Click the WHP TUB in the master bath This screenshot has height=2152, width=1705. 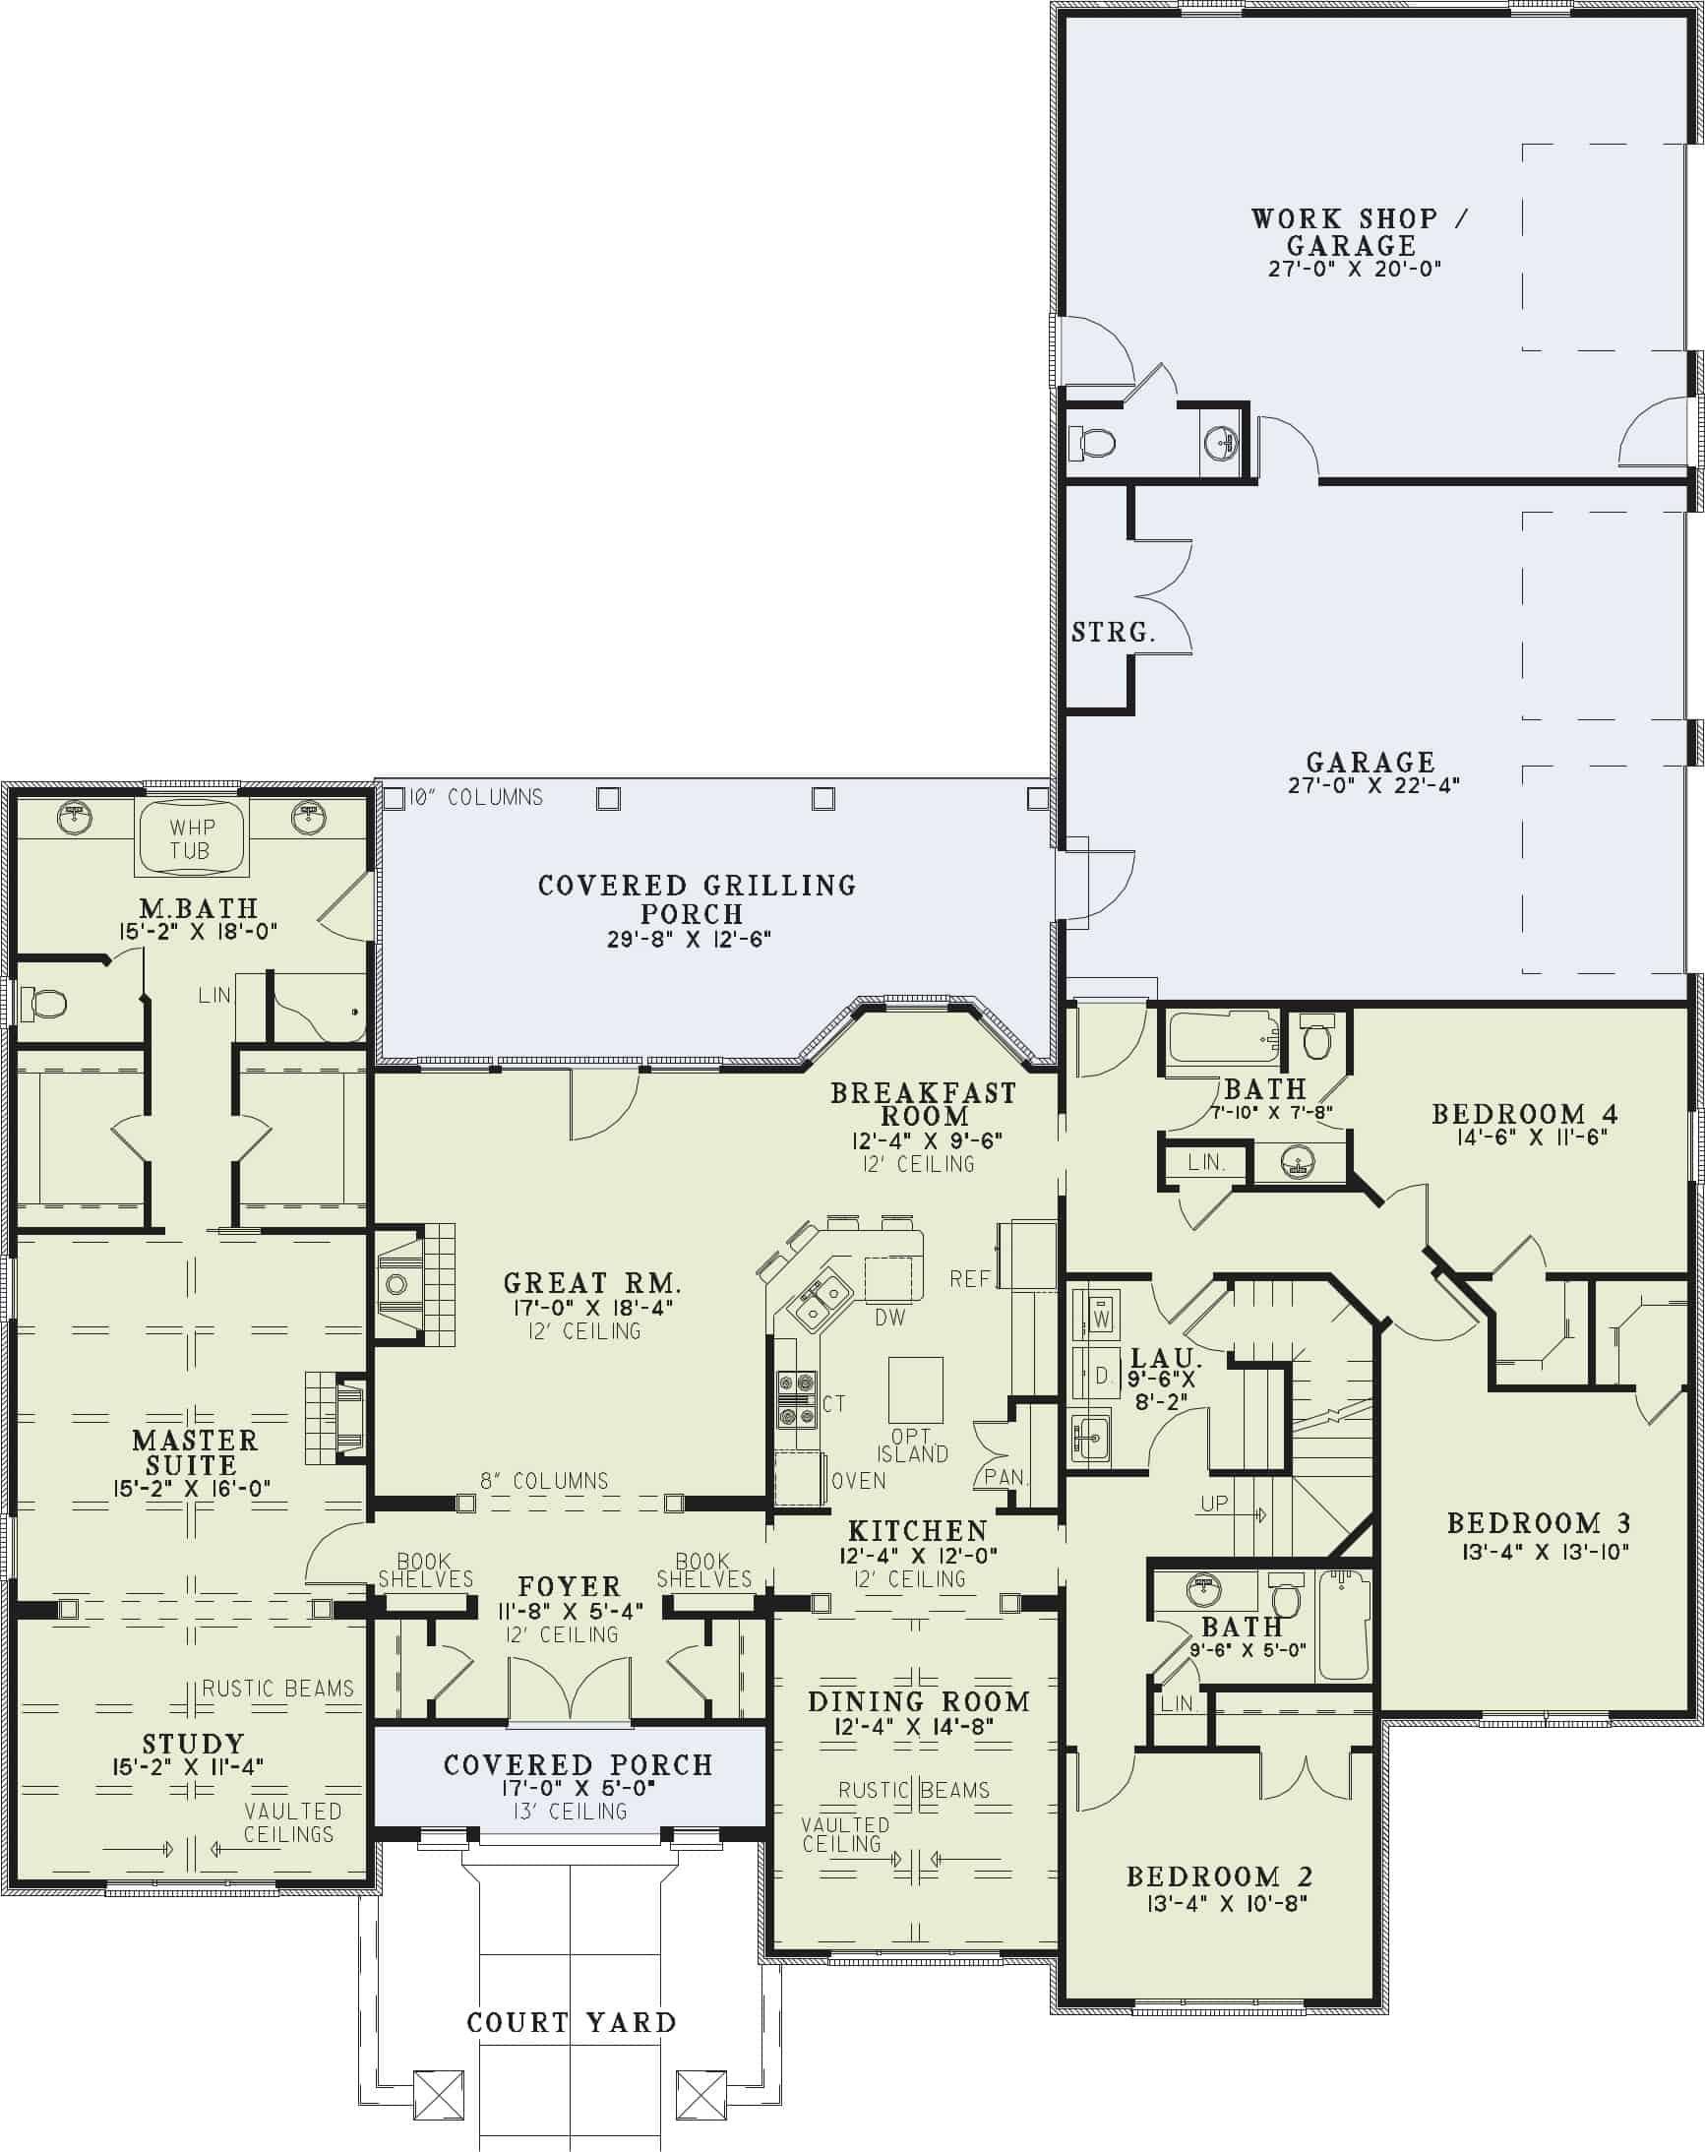click(192, 838)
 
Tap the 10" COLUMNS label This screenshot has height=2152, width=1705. click(476, 797)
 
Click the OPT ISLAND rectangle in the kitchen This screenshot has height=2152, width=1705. click(915, 1389)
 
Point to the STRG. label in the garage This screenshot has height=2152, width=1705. click(1113, 632)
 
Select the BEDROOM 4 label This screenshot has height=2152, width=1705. click(1524, 1114)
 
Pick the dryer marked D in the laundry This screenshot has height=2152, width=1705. click(1100, 1376)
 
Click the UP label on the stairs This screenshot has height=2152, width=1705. click(1214, 1504)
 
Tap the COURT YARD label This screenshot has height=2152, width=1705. click(571, 2022)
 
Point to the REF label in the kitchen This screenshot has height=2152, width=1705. click(970, 1278)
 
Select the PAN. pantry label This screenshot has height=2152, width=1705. click(1005, 1476)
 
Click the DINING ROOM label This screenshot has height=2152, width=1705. click(917, 1702)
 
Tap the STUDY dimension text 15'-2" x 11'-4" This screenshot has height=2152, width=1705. click(189, 1765)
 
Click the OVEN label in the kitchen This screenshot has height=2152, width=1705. click(859, 1481)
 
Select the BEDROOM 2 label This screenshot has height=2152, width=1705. click(1219, 1876)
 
